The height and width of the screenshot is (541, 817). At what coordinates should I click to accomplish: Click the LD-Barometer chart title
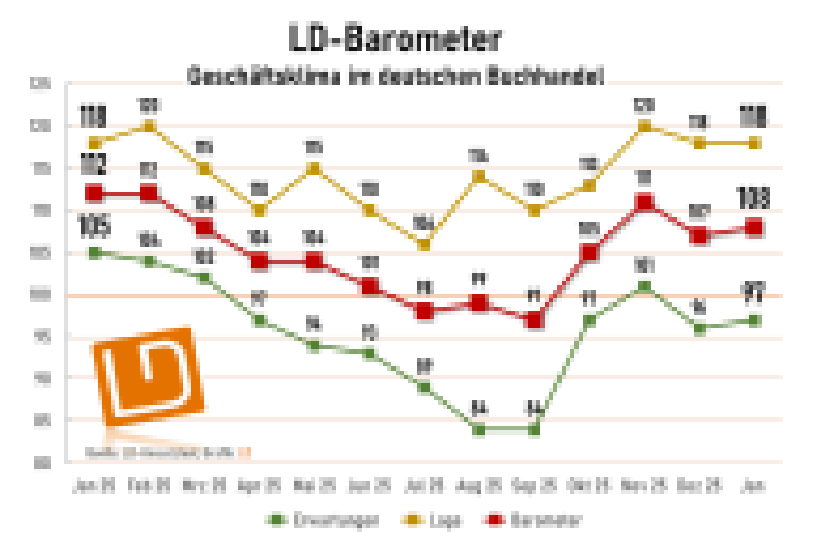pos(394,37)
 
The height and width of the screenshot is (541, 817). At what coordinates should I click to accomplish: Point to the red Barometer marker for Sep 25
pos(534,320)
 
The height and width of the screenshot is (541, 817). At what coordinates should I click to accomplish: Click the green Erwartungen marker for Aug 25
pos(479,429)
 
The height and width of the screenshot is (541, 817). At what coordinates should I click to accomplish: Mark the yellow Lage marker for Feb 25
pos(149,126)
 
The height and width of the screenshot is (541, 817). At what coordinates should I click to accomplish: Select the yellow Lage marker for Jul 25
pos(424,245)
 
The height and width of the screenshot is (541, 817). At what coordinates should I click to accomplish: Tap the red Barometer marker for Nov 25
pos(644,203)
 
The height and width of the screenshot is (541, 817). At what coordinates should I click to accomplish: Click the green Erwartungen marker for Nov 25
pos(644,287)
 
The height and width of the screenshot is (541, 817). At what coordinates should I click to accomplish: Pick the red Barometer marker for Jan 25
pos(94,193)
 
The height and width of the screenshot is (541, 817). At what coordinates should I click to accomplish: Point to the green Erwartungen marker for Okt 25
pos(589,320)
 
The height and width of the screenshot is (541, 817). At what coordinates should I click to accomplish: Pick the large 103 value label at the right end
pos(753,200)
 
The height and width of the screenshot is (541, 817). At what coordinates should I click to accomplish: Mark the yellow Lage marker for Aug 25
pos(479,177)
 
